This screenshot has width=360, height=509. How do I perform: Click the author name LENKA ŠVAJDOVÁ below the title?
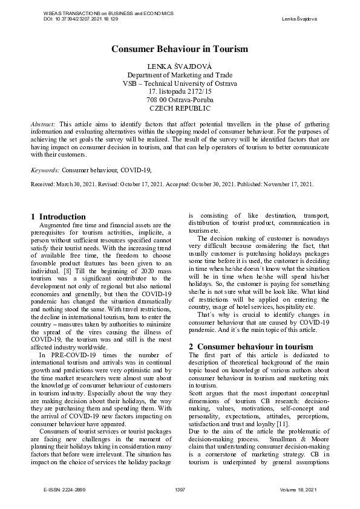click(180, 65)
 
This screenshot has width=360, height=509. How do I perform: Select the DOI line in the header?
click(81, 19)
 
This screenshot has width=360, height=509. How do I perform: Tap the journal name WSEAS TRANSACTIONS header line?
click(100, 13)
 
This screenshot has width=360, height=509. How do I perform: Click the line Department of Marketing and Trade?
click(180, 74)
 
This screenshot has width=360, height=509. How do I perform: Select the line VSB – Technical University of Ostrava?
click(180, 83)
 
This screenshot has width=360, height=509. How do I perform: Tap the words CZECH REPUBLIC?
click(180, 108)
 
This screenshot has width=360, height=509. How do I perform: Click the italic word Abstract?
click(43, 123)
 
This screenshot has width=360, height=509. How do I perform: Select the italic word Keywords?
click(45, 171)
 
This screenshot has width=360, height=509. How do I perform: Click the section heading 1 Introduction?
click(58, 216)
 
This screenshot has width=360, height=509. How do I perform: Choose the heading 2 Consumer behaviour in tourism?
click(251, 346)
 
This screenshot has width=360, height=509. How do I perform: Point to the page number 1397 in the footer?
click(179, 489)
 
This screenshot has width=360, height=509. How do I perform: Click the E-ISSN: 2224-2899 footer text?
click(65, 489)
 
